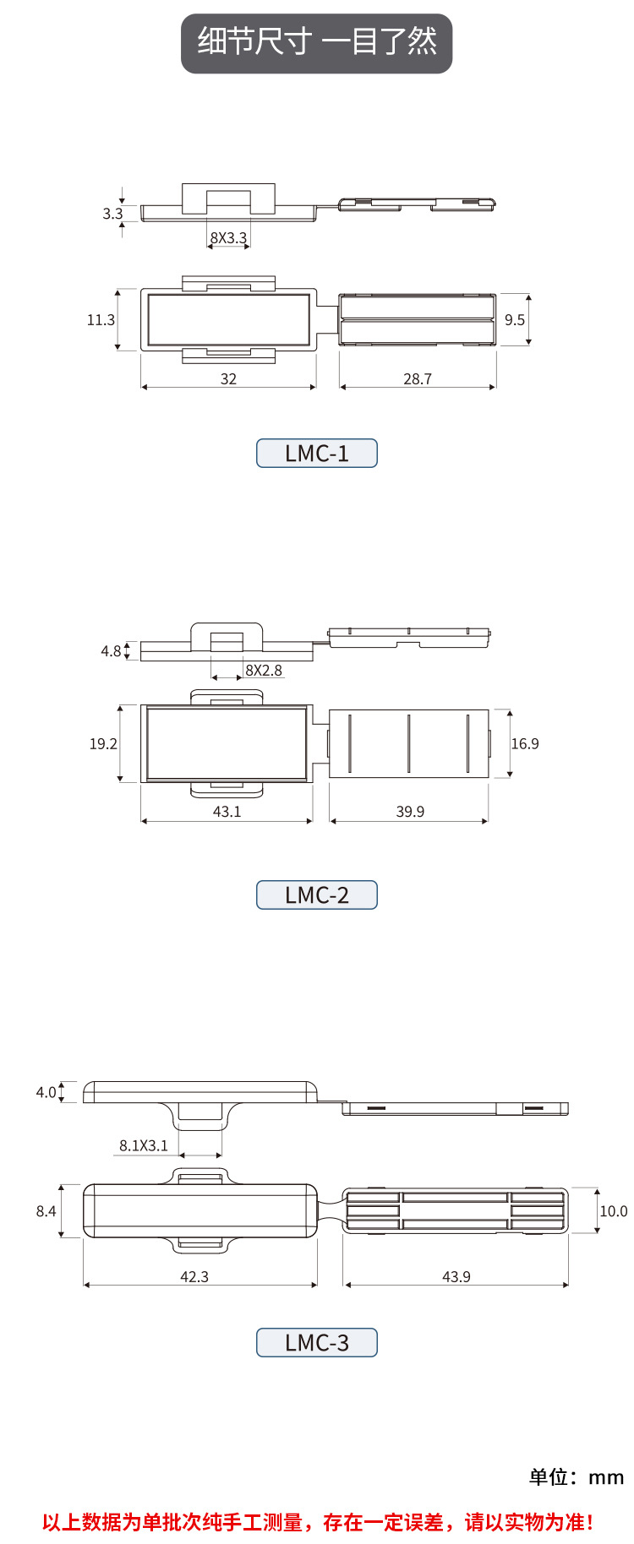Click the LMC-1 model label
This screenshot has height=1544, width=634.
click(317, 454)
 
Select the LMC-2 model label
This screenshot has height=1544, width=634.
click(317, 895)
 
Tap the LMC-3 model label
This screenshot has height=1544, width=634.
click(317, 1343)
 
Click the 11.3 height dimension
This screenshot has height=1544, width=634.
click(101, 320)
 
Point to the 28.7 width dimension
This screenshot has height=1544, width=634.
click(418, 379)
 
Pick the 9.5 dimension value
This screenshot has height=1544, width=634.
click(515, 320)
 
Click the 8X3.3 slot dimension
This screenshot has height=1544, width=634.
click(228, 238)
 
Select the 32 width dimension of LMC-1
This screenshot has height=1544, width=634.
click(228, 379)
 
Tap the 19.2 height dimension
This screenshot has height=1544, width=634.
click(103, 744)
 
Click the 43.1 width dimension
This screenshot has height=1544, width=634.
click(227, 812)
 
